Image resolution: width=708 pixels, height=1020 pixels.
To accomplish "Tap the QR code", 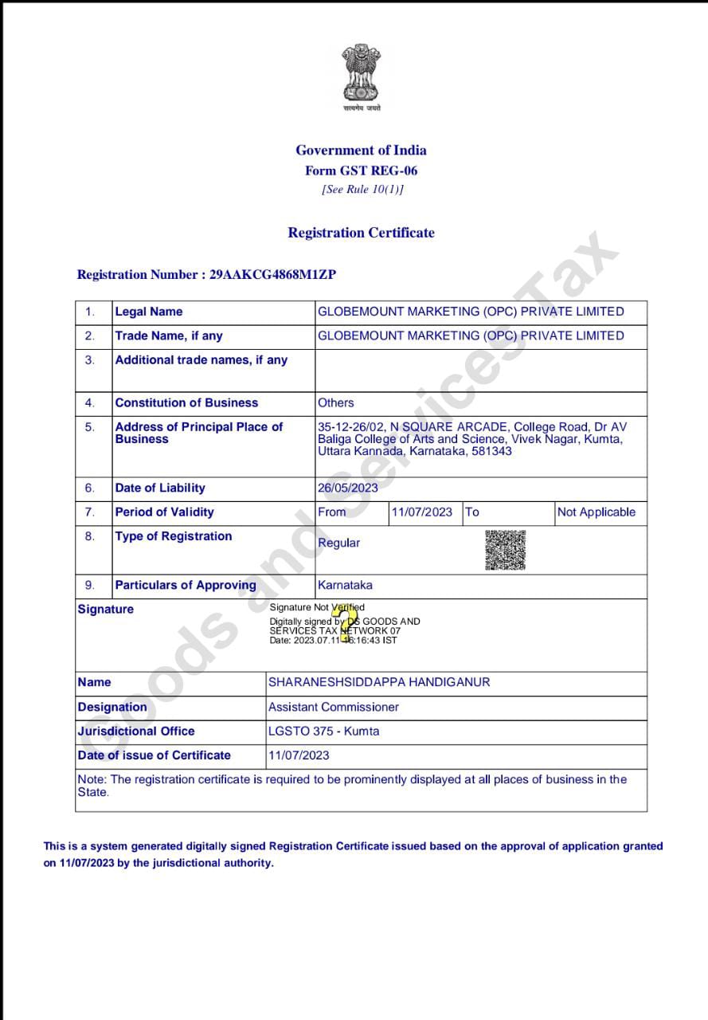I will click(x=506, y=550).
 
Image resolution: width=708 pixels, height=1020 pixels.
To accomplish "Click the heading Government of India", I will click(x=361, y=150).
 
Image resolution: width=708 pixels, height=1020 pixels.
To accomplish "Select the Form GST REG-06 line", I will click(x=361, y=171).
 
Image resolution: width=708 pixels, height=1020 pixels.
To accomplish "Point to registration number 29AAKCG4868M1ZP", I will click(x=272, y=274).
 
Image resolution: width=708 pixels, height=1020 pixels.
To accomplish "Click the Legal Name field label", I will click(x=149, y=312).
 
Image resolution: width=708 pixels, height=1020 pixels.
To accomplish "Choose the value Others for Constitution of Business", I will click(x=336, y=403).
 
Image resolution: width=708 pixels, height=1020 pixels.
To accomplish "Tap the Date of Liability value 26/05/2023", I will click(x=348, y=488).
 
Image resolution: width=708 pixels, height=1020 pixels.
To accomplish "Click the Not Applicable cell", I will click(x=597, y=512).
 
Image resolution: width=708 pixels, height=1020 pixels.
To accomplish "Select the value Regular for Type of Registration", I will click(x=338, y=543).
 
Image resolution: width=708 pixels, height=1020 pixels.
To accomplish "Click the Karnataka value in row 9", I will click(x=345, y=585).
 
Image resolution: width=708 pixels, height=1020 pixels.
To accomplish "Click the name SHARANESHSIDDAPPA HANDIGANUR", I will click(x=379, y=682).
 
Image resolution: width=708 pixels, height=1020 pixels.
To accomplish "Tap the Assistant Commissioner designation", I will click(x=334, y=707).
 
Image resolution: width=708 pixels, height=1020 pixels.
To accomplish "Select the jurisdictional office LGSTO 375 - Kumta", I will click(x=323, y=731).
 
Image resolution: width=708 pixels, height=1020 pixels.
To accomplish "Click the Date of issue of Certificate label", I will click(x=155, y=755).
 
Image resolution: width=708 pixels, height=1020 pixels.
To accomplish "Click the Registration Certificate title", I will click(x=361, y=233).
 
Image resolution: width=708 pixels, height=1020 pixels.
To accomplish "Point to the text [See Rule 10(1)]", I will click(x=362, y=190).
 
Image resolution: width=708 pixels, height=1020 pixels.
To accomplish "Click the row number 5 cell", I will click(x=90, y=427).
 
